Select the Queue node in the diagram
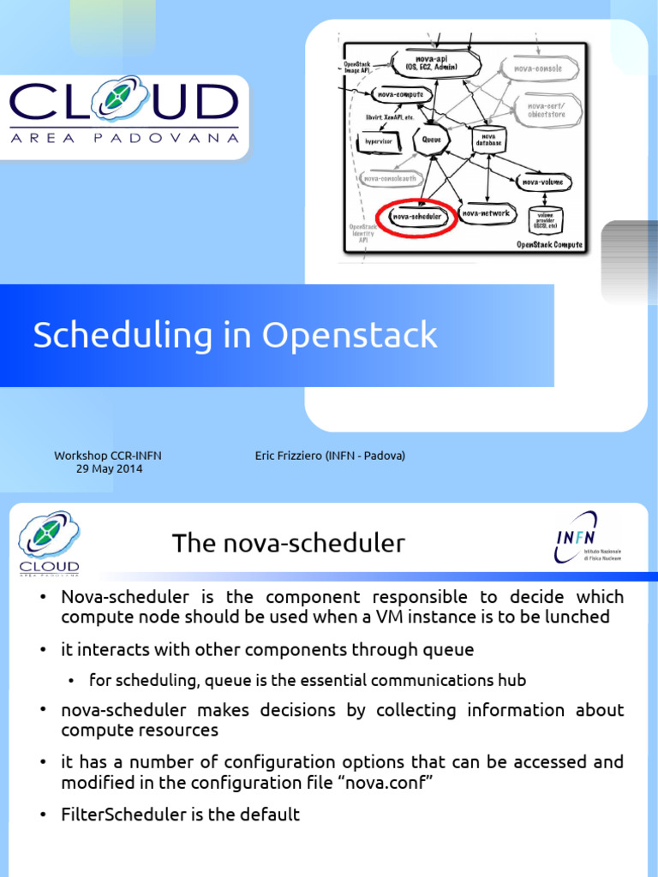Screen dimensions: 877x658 [x=430, y=140]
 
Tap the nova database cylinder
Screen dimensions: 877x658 [x=488, y=139]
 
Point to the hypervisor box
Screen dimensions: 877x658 [x=373, y=140]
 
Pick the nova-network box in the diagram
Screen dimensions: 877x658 [x=486, y=213]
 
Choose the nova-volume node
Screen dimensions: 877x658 [x=541, y=182]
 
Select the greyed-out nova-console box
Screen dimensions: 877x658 [x=545, y=68]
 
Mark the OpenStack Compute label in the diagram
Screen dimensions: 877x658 [x=549, y=245]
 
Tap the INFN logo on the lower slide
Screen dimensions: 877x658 [x=588, y=538]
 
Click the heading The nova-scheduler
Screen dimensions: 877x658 [x=288, y=543]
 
